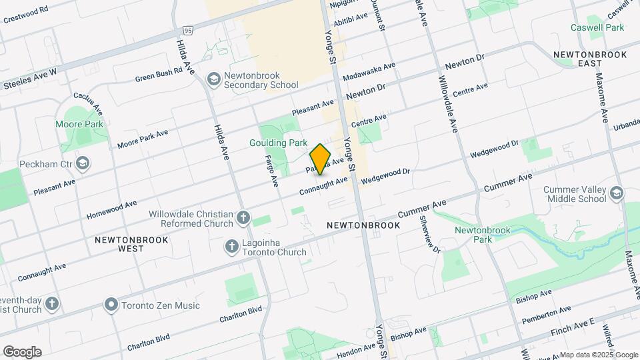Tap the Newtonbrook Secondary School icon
(214, 80)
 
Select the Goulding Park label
(278, 143)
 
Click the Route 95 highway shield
(188, 31)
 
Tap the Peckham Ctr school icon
(83, 163)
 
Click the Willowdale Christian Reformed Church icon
(244, 218)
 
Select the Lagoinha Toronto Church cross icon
(232, 247)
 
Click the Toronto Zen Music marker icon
(111, 305)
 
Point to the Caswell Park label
(597, 27)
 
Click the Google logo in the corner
(22, 351)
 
